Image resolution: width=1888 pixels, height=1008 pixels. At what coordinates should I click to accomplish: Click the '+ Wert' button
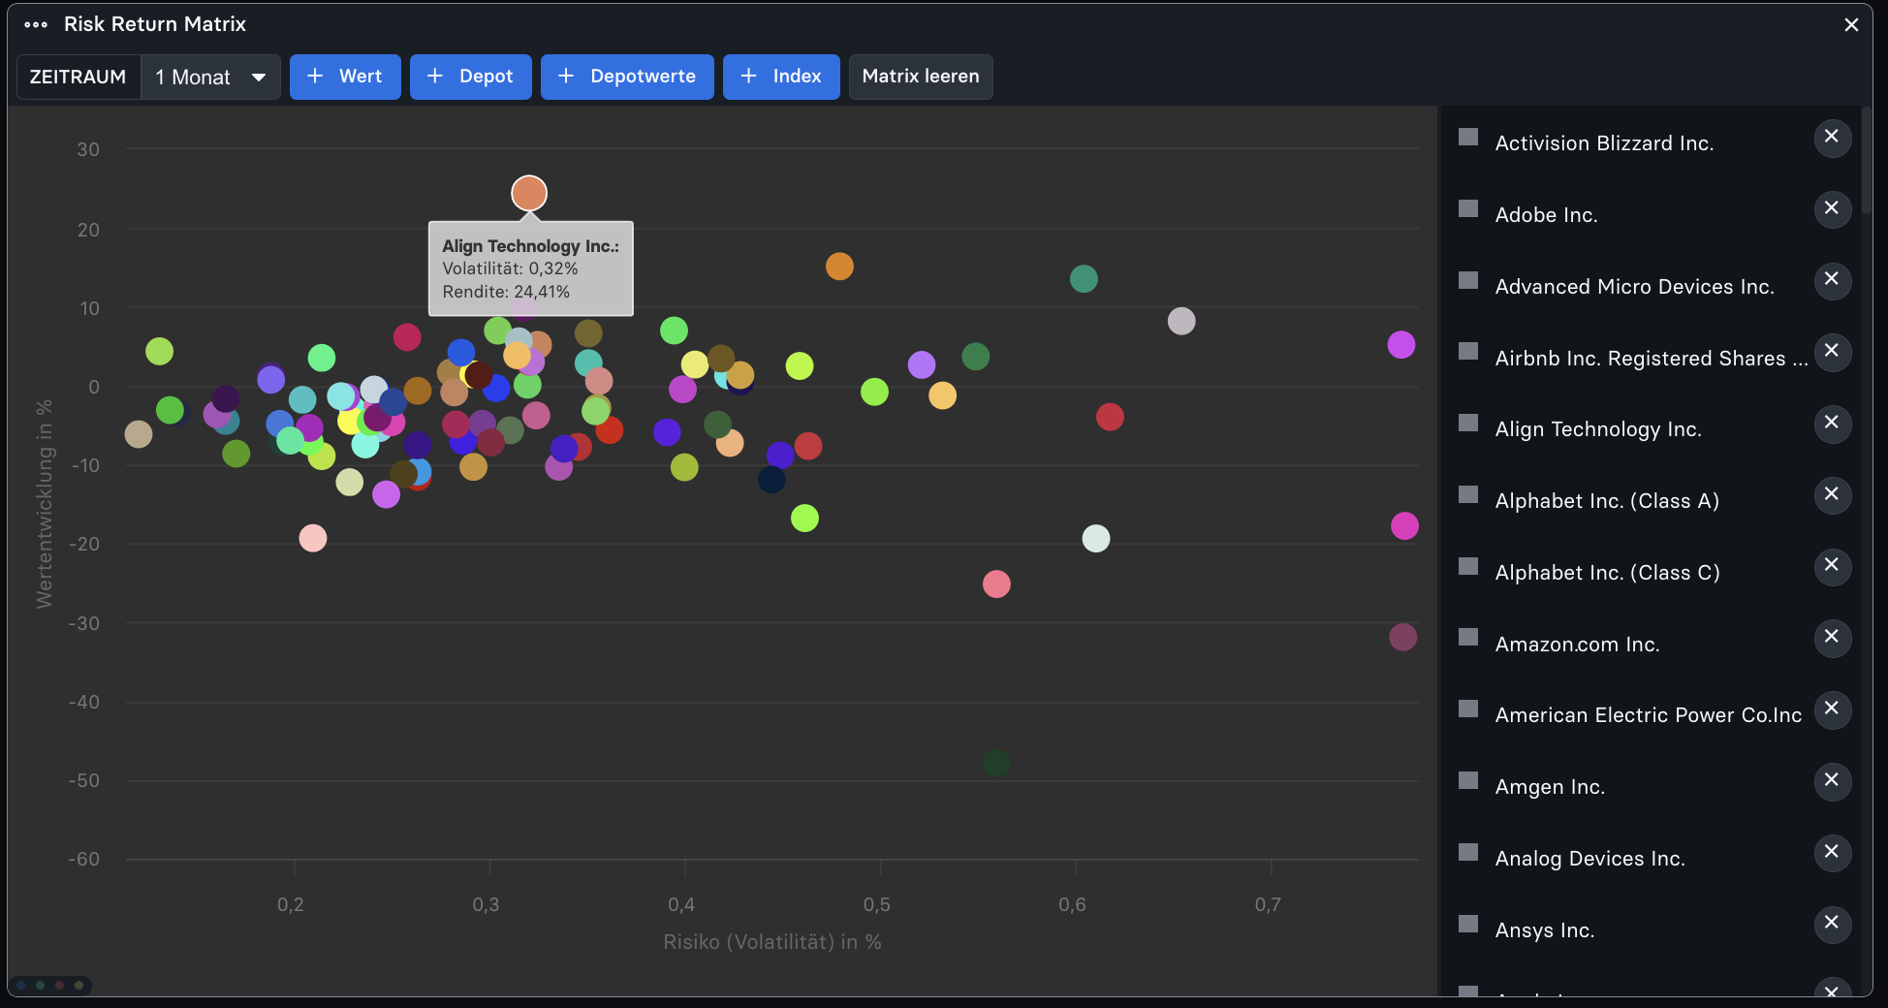point(345,77)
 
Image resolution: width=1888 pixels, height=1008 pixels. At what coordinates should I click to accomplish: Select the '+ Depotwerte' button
point(627,77)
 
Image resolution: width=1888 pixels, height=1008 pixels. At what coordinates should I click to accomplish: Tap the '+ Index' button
point(781,77)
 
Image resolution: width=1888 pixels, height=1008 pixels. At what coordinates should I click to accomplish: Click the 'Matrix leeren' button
point(921,77)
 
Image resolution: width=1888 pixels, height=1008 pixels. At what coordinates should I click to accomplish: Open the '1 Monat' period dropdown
point(211,77)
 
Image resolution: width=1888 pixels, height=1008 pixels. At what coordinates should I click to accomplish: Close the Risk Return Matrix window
point(1851,24)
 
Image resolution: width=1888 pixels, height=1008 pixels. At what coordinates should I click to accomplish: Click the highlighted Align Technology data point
point(529,193)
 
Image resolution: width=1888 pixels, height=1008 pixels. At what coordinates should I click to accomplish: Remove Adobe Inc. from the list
point(1832,208)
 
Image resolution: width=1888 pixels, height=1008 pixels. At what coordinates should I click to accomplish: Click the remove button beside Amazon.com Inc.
point(1832,637)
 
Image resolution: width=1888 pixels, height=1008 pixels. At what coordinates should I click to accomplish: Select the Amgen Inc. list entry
point(1550,787)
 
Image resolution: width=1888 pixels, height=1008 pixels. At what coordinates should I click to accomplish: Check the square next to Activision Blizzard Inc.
point(1468,137)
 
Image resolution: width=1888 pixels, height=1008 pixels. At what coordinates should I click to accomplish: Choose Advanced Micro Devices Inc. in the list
point(1634,287)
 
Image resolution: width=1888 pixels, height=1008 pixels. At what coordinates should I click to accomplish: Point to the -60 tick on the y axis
point(84,859)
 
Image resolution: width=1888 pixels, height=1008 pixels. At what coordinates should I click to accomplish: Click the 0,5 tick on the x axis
point(877,905)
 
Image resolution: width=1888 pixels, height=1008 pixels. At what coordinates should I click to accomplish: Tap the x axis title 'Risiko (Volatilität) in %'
point(772,942)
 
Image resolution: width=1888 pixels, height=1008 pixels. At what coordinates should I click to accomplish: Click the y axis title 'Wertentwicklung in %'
point(45,504)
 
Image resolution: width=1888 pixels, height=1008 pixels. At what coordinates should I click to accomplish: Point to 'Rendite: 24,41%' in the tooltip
point(506,292)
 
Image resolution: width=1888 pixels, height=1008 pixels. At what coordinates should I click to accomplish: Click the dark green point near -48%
point(996,763)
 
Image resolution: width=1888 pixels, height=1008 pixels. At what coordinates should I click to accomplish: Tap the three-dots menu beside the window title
point(36,24)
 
